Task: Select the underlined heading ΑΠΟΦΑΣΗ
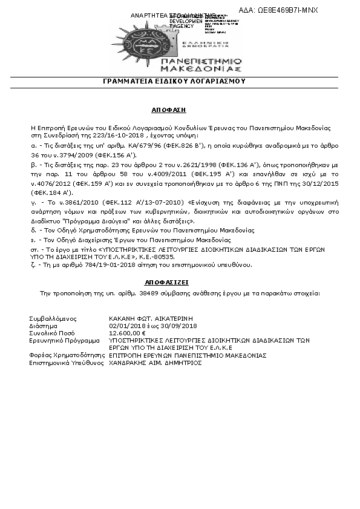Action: tap(168, 111)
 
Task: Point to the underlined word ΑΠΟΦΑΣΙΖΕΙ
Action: tap(168, 282)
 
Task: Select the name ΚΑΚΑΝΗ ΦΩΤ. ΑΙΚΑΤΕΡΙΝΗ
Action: tap(145, 318)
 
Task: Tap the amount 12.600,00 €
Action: tap(127, 332)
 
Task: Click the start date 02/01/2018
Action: tap(123, 325)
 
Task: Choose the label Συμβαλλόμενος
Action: tap(50, 318)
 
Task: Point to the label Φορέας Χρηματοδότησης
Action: tap(64, 355)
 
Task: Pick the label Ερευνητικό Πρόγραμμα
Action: tap(61, 340)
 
